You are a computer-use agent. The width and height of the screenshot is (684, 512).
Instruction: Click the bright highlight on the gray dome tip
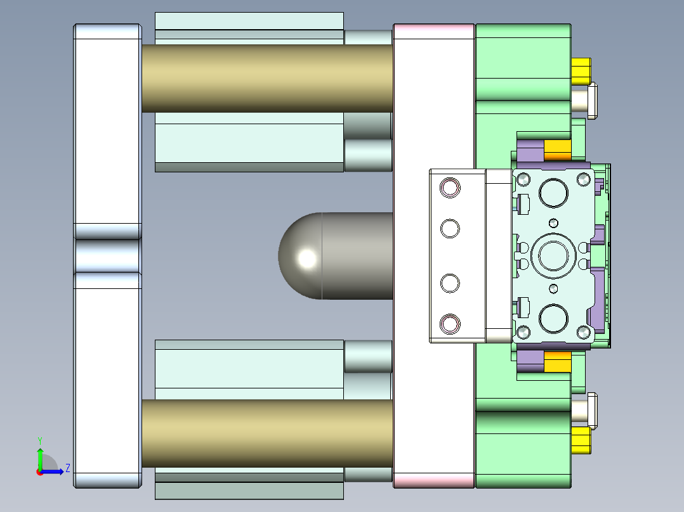pos(307,258)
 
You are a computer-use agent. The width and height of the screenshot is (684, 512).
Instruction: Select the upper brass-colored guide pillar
pos(266,78)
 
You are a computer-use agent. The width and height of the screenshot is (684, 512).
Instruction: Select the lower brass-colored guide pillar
pos(266,433)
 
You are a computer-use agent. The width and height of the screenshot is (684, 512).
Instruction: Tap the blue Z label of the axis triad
pos(67,468)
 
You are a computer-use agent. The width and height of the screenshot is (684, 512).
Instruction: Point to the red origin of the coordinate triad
pos(39,471)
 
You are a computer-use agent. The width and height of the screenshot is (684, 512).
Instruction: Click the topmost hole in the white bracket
pos(450,188)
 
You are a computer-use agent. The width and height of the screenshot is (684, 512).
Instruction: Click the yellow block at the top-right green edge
pos(581,71)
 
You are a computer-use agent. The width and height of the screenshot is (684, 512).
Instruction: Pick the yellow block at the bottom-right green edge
pos(581,440)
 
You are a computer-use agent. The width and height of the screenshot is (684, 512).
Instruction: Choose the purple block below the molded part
pos(530,361)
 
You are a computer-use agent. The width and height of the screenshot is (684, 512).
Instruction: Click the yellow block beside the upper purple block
pos(558,151)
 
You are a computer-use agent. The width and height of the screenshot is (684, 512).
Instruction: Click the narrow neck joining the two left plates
pos(108,255)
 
